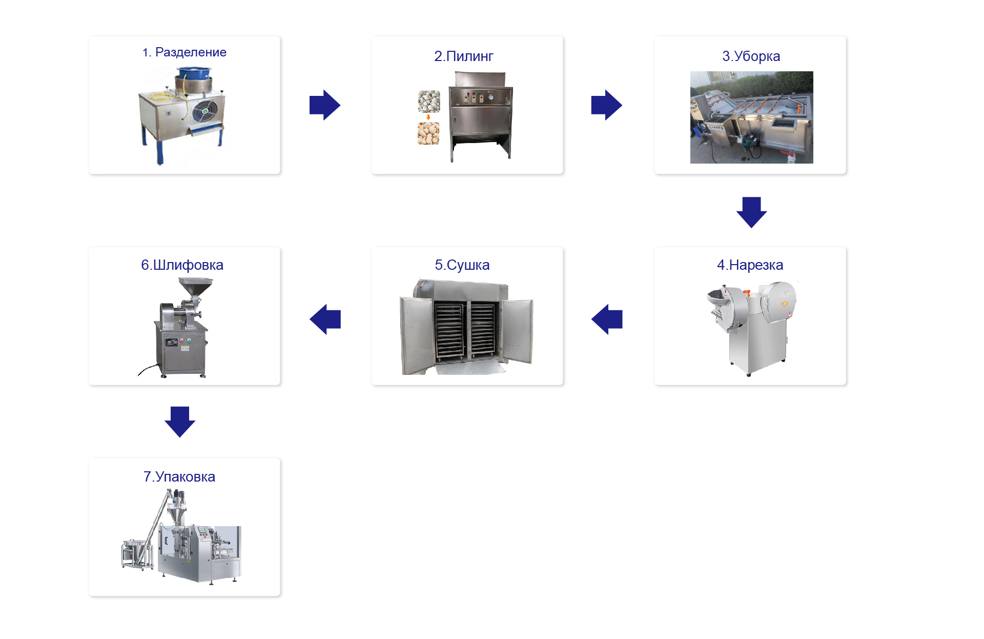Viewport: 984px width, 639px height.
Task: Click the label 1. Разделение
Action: point(184,52)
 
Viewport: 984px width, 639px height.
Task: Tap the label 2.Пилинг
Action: point(463,56)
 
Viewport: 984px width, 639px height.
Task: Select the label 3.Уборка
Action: point(751,56)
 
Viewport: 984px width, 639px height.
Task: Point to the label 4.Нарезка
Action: point(750,265)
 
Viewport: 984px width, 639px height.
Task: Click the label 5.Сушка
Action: point(462,265)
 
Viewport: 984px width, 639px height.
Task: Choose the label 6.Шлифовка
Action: point(182,265)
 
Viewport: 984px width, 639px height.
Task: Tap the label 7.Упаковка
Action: point(179,477)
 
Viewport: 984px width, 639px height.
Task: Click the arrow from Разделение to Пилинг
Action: point(325,105)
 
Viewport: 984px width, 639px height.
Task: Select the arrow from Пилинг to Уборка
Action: point(606,105)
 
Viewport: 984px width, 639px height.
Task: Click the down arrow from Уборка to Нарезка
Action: point(751,212)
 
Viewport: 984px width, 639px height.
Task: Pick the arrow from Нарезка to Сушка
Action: point(607,319)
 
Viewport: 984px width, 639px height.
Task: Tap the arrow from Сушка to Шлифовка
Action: point(325,319)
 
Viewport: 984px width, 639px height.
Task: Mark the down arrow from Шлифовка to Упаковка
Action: point(180,422)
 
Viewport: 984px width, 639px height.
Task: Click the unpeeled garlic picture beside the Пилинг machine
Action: point(429,102)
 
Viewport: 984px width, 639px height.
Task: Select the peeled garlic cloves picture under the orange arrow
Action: point(428,133)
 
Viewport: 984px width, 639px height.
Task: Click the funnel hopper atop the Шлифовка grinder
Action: point(195,286)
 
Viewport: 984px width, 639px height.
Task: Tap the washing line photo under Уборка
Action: point(751,117)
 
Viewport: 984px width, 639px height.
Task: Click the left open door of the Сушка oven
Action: point(416,335)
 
